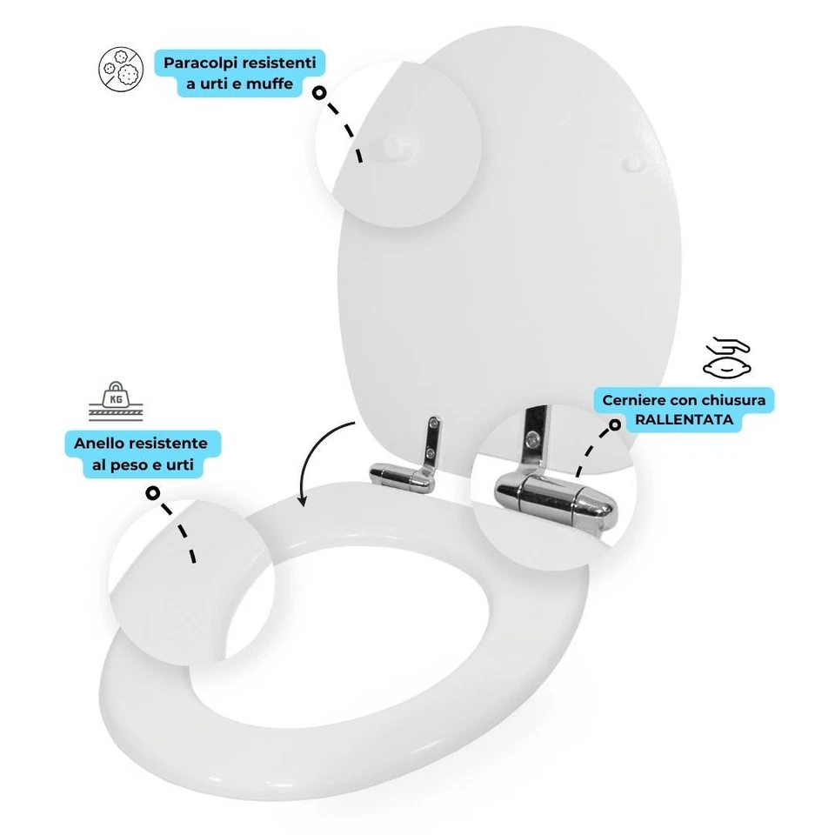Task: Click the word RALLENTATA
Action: [x=684, y=420]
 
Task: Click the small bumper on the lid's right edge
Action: [x=633, y=162]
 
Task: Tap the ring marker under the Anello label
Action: [x=153, y=493]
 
